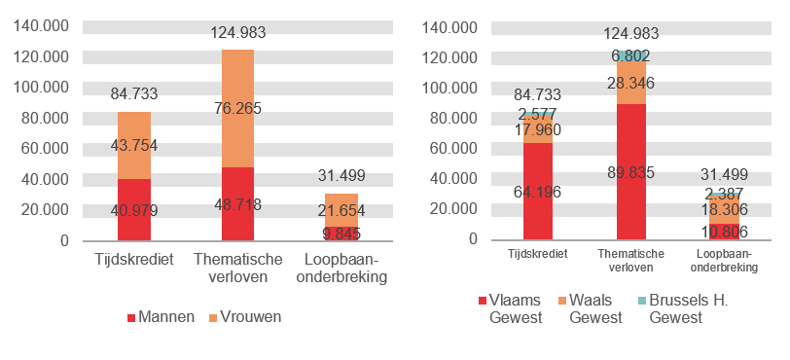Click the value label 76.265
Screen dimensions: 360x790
click(x=237, y=108)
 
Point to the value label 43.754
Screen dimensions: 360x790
click(x=133, y=146)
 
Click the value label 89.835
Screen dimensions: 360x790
click(x=630, y=172)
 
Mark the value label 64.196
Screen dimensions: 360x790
click(x=538, y=192)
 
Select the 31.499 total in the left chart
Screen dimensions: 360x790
click(x=341, y=175)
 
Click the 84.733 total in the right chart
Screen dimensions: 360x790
click(x=538, y=94)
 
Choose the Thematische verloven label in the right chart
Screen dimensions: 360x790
click(x=630, y=260)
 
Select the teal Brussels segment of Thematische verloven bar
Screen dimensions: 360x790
click(x=630, y=56)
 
